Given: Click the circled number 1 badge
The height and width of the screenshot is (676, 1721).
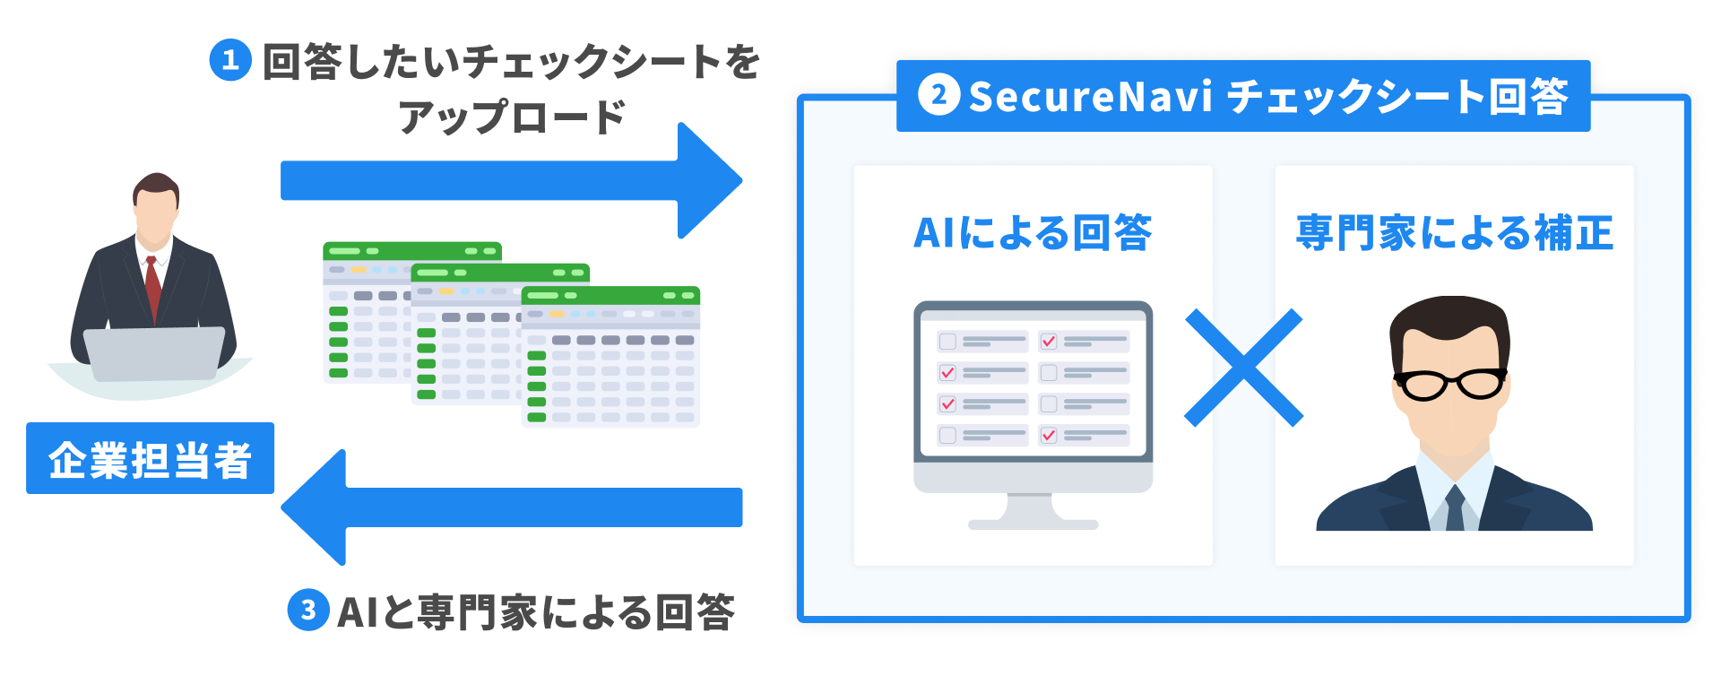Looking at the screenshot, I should coord(229,60).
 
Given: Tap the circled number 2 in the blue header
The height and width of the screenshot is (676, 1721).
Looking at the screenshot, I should coord(938,95).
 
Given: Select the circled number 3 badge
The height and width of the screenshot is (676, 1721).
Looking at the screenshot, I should coord(307,611).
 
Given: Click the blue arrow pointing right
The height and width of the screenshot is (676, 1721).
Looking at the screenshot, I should coord(511,180).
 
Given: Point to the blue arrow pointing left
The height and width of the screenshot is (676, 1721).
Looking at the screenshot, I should coord(511,507).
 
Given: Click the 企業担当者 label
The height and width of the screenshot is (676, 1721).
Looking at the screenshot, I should coord(150,458).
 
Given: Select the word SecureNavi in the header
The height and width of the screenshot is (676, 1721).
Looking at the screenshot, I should coord(1090,96).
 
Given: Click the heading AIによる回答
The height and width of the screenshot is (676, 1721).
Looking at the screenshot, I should coord(1033,233).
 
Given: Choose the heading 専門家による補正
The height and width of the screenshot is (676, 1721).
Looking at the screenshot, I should coord(1454,233).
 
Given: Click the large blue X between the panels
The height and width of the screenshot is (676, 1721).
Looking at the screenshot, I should coord(1243,368).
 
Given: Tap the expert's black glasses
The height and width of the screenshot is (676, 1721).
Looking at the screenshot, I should coord(1450,384).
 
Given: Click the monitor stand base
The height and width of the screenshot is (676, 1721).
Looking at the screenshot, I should coord(1033,524).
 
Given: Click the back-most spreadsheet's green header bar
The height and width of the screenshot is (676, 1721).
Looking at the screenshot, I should coord(411,251).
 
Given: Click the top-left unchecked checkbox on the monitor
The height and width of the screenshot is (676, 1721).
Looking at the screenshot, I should coord(947,342).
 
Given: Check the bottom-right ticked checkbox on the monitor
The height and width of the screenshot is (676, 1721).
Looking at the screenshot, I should coord(1048,436).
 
